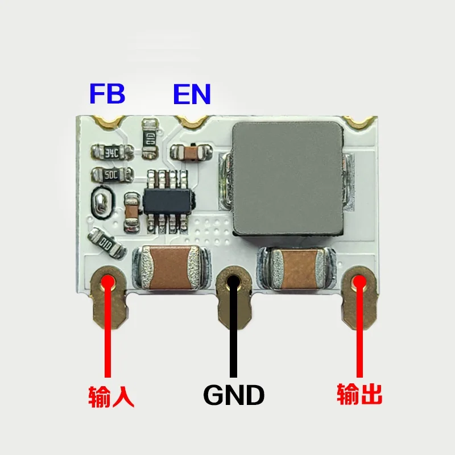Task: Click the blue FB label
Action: (107, 94)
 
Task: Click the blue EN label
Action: (192, 94)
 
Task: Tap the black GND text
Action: (233, 395)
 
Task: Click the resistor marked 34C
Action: (112, 152)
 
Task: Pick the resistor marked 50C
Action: (112, 173)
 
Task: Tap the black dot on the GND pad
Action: (233, 282)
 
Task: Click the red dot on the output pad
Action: (359, 283)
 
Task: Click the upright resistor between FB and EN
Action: (150, 137)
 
